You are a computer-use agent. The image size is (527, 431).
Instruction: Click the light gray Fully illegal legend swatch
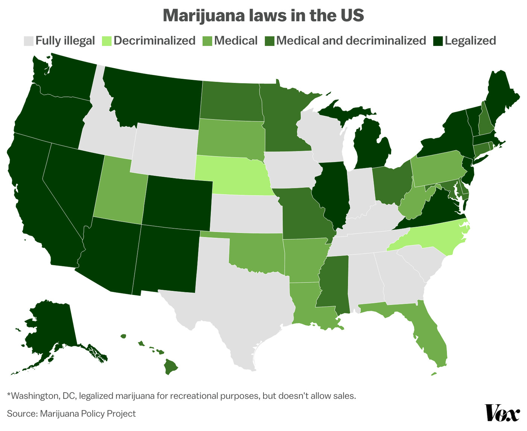(29, 41)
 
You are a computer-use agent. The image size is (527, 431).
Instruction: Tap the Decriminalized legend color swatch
(107, 41)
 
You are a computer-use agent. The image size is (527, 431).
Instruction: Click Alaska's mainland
(49, 328)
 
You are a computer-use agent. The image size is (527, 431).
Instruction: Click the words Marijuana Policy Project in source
(87, 414)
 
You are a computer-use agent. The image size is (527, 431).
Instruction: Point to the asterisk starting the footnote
(9, 395)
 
